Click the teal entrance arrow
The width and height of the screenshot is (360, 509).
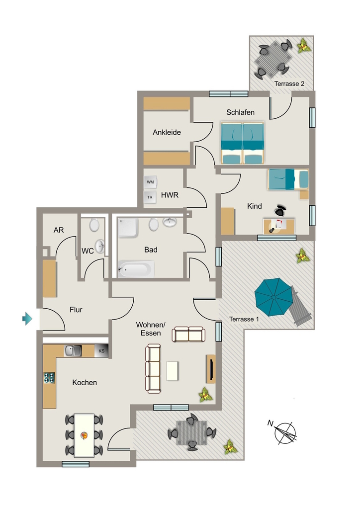(x=27, y=319)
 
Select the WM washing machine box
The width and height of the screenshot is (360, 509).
(x=150, y=182)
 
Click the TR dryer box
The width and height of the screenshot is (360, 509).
(x=150, y=197)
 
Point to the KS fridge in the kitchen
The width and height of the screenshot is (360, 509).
(x=101, y=351)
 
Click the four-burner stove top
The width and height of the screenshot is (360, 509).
(x=49, y=378)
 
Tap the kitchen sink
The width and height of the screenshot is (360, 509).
(x=74, y=350)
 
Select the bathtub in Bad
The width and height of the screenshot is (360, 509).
(x=136, y=269)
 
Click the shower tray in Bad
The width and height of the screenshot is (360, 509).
(x=128, y=228)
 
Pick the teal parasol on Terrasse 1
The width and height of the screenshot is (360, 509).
(x=273, y=297)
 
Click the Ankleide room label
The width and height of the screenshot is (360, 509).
(x=167, y=132)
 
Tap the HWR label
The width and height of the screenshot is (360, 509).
(x=170, y=195)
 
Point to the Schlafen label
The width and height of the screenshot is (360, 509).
(x=240, y=112)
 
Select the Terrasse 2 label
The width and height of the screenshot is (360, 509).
(x=289, y=84)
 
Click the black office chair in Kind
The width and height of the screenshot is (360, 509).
(x=280, y=211)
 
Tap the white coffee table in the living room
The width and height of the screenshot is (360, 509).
(x=172, y=371)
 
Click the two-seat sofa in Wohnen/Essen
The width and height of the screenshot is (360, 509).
(x=188, y=334)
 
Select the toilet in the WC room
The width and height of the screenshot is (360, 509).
(x=94, y=225)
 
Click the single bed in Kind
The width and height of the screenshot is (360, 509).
(x=288, y=179)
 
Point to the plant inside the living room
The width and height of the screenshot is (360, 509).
(x=205, y=394)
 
